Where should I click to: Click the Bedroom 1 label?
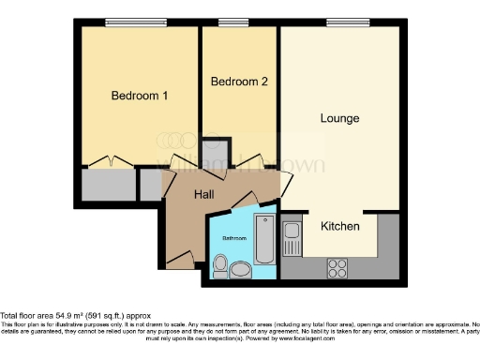[x=139, y=96]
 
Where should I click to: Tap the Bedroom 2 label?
[x=239, y=82]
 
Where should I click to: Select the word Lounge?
[x=339, y=118]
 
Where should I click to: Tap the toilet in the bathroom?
[x=221, y=266]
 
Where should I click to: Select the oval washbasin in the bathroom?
[x=241, y=271]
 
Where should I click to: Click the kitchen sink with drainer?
[x=291, y=239]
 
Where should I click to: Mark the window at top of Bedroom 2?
[x=234, y=22]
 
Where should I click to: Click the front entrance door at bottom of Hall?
[x=182, y=257]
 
